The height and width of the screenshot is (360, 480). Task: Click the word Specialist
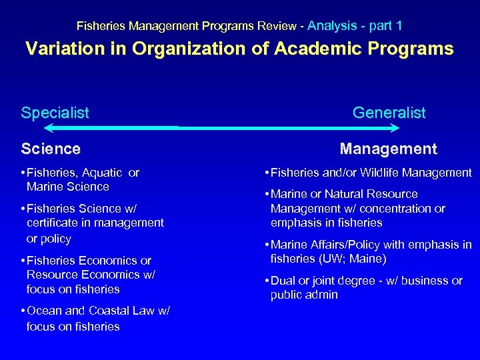[x=55, y=113]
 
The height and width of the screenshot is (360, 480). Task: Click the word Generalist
[x=389, y=113]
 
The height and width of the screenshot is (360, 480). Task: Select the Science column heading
[x=51, y=149]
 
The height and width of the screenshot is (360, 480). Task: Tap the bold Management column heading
[x=388, y=149]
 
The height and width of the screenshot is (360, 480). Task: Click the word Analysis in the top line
[x=333, y=26]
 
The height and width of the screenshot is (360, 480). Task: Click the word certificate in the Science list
[x=54, y=223]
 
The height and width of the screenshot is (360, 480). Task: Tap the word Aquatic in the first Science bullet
[x=102, y=173]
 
